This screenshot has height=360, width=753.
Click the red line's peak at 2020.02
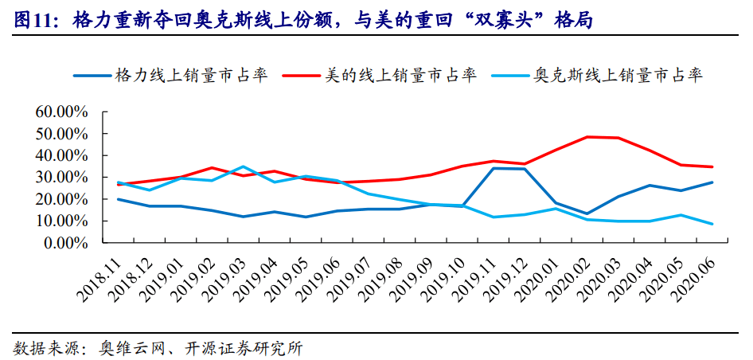[587, 137]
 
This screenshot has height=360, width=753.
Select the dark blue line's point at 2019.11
[494, 168]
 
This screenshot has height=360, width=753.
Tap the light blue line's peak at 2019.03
[243, 166]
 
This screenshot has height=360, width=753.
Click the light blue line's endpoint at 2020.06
[712, 224]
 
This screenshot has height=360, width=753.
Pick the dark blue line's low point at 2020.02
[587, 213]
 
